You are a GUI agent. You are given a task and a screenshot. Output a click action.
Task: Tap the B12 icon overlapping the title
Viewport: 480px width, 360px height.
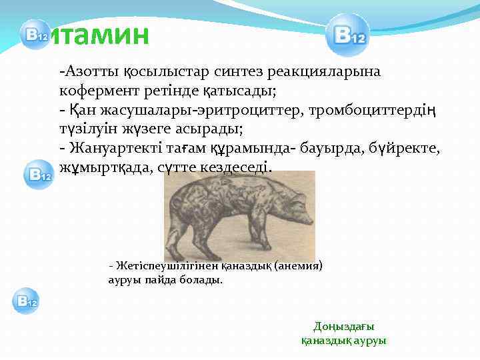click(x=33, y=35)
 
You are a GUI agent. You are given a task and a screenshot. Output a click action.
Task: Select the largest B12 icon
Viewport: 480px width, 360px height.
click(x=347, y=35)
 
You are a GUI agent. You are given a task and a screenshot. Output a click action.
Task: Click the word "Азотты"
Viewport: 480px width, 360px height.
click(x=84, y=70)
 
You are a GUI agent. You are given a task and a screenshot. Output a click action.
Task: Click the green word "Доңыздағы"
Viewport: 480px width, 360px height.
click(x=344, y=326)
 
